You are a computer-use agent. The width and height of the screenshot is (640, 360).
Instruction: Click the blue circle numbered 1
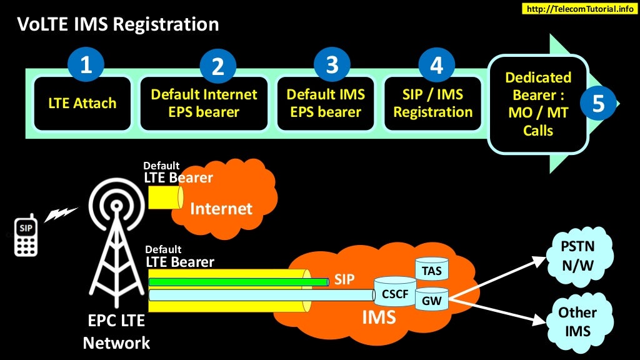(x=86, y=65)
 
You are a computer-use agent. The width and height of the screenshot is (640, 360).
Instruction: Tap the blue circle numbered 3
(x=332, y=65)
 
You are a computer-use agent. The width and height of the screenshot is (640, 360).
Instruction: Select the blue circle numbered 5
(x=598, y=104)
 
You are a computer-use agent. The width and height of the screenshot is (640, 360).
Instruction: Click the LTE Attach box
(x=82, y=103)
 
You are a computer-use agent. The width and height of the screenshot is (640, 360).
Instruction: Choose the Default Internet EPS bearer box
(x=204, y=103)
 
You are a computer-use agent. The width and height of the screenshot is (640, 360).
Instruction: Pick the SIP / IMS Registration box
(x=432, y=103)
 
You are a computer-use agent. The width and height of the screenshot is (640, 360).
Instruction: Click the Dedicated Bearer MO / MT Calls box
(x=538, y=104)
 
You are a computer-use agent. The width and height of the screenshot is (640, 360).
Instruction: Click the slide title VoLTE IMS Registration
(x=118, y=24)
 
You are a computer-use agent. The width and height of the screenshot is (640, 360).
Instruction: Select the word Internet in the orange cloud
(x=221, y=208)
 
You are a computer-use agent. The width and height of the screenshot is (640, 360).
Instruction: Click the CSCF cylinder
(x=394, y=291)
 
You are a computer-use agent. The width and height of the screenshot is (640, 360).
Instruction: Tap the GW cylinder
(x=432, y=299)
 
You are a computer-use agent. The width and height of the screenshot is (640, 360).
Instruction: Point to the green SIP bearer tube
(x=237, y=282)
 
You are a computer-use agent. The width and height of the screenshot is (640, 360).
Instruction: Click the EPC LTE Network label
(x=116, y=332)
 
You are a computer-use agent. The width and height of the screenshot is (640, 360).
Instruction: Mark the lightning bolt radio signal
(x=61, y=214)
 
